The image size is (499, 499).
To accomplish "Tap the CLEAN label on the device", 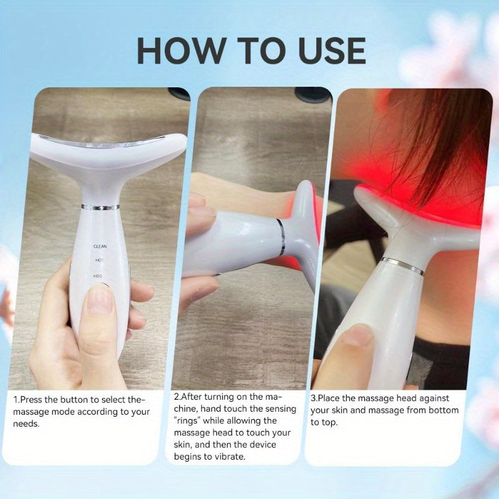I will pos(100,246).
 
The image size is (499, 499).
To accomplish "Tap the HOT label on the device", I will pos(99,259).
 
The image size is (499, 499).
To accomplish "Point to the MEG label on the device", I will pos(99,274).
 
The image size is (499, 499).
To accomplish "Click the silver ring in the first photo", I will pos(100,206).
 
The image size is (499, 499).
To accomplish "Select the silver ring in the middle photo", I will pos(281,236).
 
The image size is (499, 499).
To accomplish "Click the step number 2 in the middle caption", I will pos(176,397).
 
